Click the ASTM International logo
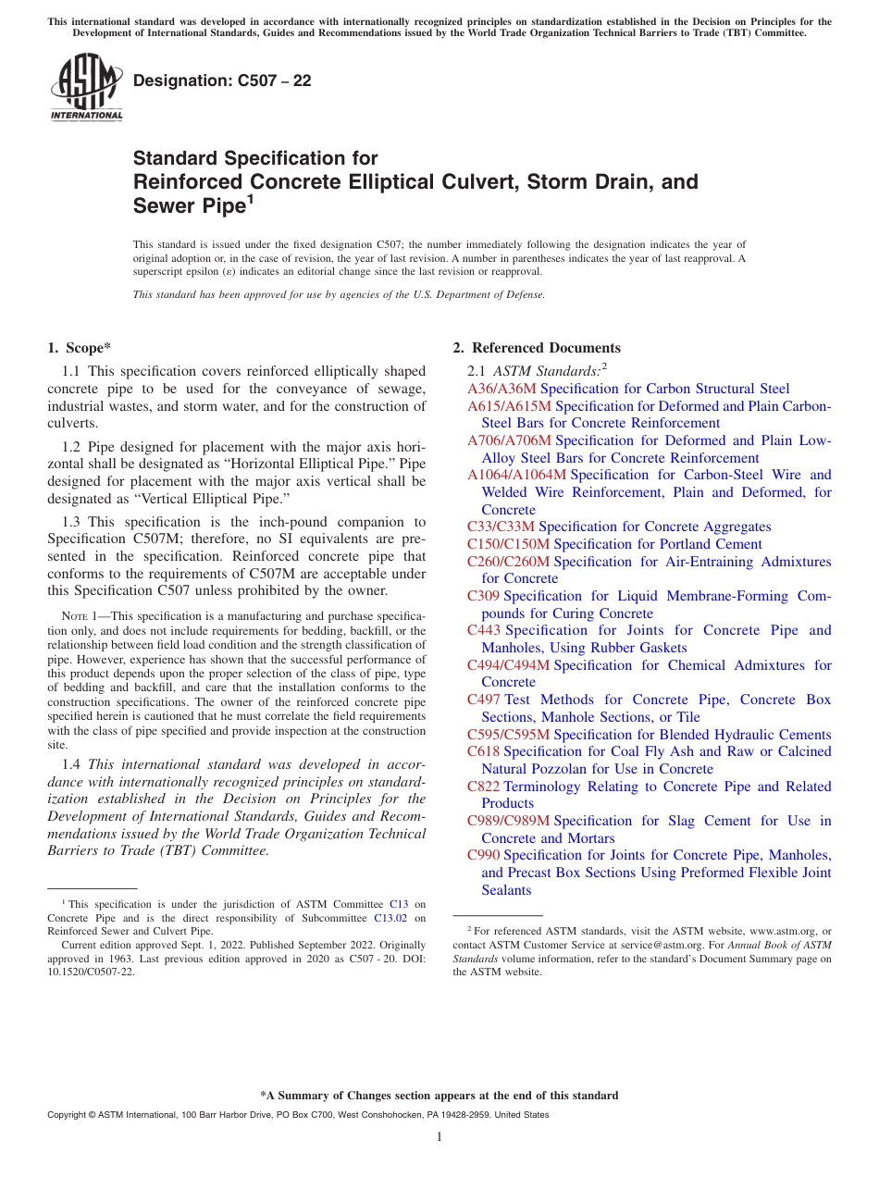tap(86, 87)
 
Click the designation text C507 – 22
tap(222, 81)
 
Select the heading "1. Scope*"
tap(80, 348)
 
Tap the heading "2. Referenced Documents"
tap(537, 348)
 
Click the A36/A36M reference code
tap(501, 389)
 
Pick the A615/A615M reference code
tap(509, 406)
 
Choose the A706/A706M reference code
tap(509, 440)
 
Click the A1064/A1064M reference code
tap(516, 475)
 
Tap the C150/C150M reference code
tap(508, 544)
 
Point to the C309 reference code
tap(484, 596)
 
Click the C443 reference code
tap(484, 630)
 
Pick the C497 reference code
tap(484, 700)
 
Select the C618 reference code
tap(484, 751)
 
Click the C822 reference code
tap(484, 787)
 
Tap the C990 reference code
tap(484, 855)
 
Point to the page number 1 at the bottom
tap(439, 1137)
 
